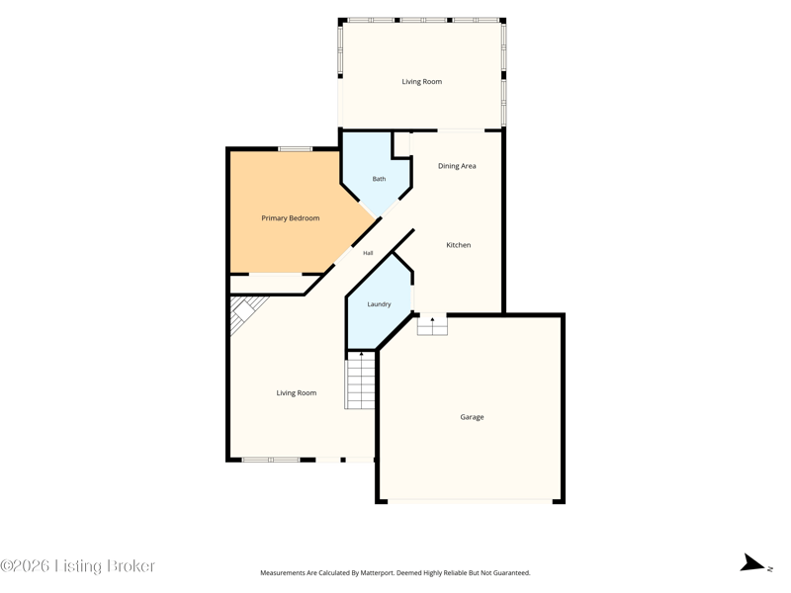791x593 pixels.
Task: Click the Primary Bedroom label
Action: tap(290, 218)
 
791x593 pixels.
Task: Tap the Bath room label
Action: tap(379, 179)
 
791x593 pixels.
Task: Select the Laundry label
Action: tap(379, 304)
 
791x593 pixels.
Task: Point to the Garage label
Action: tap(472, 417)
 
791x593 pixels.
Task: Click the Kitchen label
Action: tap(459, 245)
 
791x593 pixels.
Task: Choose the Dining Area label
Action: tap(457, 166)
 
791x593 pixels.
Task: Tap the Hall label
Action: tap(368, 253)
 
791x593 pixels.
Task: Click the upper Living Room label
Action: tap(422, 82)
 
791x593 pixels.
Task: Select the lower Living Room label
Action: tap(296, 392)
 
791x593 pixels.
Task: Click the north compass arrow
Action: tap(752, 562)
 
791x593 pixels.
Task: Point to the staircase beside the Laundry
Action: tap(361, 381)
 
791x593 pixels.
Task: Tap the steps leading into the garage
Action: tap(432, 325)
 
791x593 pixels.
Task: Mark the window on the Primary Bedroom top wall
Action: tap(295, 149)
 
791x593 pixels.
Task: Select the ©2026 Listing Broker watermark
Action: tap(78, 565)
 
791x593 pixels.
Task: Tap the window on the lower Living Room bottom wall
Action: tap(271, 460)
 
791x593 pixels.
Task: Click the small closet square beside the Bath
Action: tap(401, 144)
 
